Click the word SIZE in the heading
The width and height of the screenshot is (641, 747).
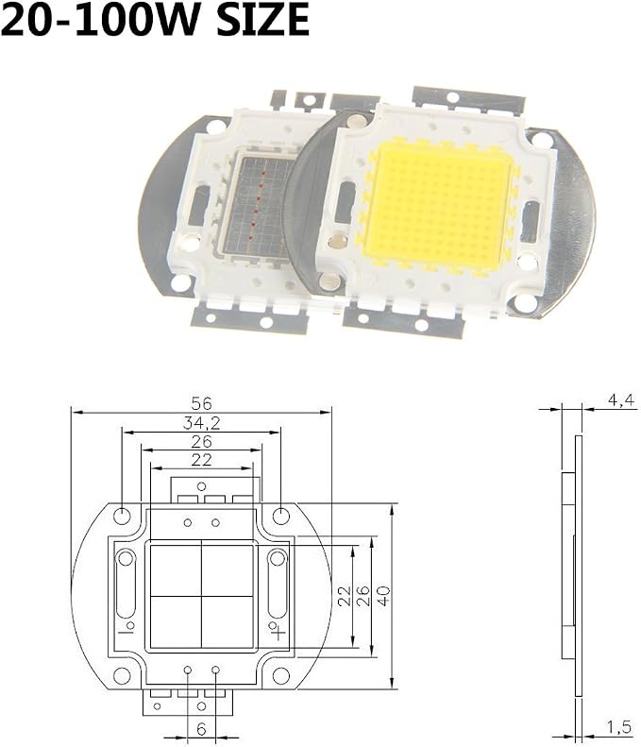pos(263,19)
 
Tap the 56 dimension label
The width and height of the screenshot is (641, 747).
pos(201,403)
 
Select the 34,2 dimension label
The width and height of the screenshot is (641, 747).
pos(201,423)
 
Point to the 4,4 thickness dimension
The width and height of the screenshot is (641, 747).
pos(621,400)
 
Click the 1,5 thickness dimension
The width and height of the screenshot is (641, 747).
pos(618,727)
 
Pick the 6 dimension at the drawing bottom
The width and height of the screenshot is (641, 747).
pos(201,729)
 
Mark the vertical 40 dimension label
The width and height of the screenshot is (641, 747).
pos(384,596)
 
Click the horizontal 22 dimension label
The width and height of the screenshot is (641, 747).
pos(201,460)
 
